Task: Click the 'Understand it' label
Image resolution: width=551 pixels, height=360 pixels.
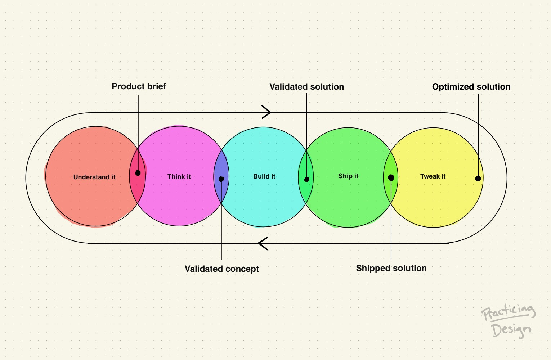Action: click(x=94, y=177)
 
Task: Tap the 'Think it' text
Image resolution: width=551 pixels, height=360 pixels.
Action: click(x=179, y=177)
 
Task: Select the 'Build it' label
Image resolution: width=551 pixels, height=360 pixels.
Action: click(x=264, y=176)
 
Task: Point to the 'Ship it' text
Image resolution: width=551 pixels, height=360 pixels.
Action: click(x=348, y=176)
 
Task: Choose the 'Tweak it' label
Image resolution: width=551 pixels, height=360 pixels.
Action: click(x=433, y=176)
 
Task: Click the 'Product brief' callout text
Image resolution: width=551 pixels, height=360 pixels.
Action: click(x=139, y=86)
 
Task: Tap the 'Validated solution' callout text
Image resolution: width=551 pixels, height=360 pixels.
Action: click(x=307, y=87)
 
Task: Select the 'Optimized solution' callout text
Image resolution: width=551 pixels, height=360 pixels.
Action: click(x=471, y=87)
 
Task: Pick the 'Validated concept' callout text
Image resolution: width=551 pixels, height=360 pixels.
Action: click(x=222, y=269)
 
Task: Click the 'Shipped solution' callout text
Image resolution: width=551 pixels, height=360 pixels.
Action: click(x=391, y=268)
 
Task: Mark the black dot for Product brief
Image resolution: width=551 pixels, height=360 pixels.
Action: click(x=138, y=173)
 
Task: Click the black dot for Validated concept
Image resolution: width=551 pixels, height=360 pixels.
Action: click(x=221, y=179)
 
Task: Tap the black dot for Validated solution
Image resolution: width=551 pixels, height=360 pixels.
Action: click(x=307, y=179)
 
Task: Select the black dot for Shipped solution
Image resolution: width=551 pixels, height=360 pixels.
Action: click(x=391, y=177)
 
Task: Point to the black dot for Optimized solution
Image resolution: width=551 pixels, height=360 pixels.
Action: click(x=478, y=179)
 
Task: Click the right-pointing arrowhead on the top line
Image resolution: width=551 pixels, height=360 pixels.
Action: click(x=267, y=112)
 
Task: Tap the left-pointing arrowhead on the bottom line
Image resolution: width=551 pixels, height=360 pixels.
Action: click(x=263, y=244)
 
